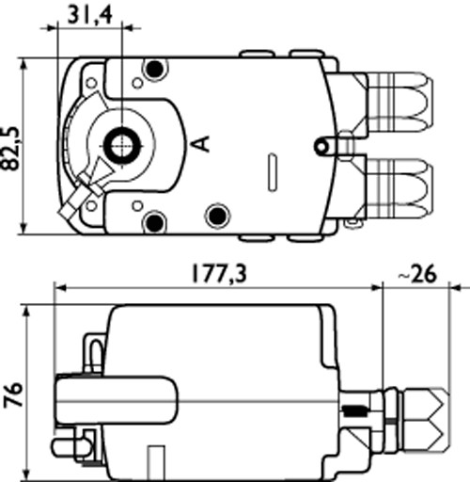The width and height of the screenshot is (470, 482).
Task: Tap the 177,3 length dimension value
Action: pos(214,273)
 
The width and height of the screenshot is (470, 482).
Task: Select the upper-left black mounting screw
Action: pos(154,69)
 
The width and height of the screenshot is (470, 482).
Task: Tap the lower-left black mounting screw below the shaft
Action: pos(154,222)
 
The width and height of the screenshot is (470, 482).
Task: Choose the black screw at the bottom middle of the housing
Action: pos(217,212)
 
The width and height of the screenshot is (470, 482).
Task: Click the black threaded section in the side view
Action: pos(355,411)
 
